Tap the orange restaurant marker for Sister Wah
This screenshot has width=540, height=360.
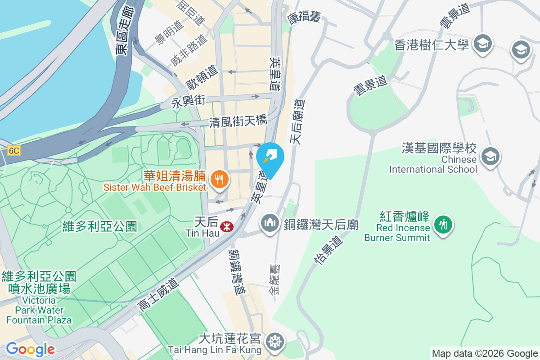pos(219,180)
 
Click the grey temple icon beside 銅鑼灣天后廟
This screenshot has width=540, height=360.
pos(270,224)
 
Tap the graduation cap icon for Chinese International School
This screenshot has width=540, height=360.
pos(489,157)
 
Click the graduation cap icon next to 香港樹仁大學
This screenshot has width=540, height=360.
pos(483,44)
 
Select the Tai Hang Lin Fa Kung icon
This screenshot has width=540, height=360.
pos(274,341)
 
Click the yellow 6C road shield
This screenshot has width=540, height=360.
pos(13,151)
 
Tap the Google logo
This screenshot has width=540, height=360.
pos(30,349)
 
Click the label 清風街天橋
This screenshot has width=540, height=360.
pos(238,121)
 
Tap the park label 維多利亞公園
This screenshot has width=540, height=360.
pos(100,226)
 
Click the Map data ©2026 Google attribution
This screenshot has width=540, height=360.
pos(485,354)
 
